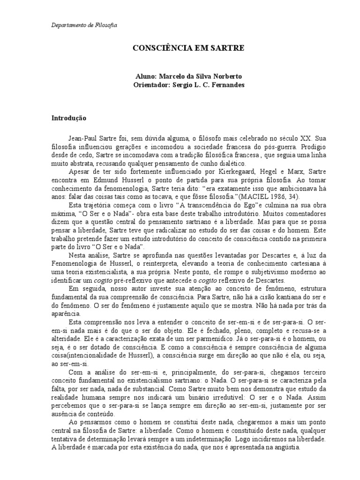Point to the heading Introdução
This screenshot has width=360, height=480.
click(69, 118)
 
